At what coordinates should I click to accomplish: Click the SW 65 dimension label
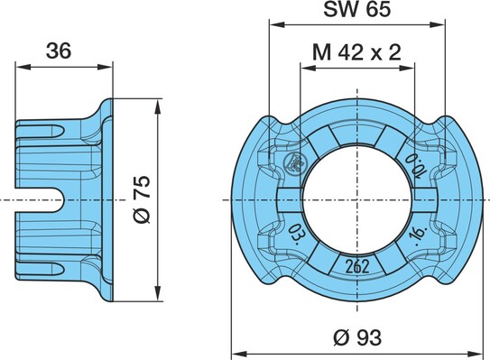[x=356, y=9]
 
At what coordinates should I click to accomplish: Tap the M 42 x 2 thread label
[x=356, y=52]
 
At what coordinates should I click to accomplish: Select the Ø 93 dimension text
[x=357, y=337]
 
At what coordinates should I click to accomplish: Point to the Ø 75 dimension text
[x=143, y=199]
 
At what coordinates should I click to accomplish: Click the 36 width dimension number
[x=59, y=51]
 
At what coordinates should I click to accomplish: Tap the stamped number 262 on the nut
[x=357, y=266]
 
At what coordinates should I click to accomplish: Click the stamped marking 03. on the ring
[x=294, y=234]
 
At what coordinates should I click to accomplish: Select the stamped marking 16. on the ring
[x=419, y=234]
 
